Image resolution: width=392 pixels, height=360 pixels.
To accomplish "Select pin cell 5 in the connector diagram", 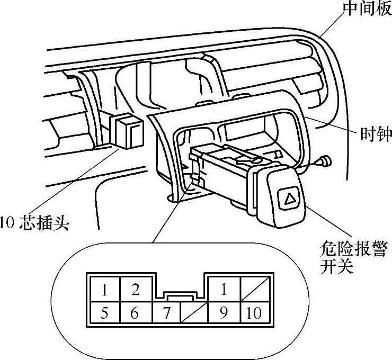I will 105,313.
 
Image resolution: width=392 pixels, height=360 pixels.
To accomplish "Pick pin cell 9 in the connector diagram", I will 224,313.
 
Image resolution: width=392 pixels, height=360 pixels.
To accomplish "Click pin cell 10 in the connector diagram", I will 254,313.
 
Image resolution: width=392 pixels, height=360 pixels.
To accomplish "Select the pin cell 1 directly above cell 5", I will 105,290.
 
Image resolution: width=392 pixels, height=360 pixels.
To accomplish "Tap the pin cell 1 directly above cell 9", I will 224,290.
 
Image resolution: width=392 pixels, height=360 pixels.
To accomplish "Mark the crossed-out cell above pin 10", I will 254,290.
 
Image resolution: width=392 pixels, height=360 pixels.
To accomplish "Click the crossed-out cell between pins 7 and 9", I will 193,313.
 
